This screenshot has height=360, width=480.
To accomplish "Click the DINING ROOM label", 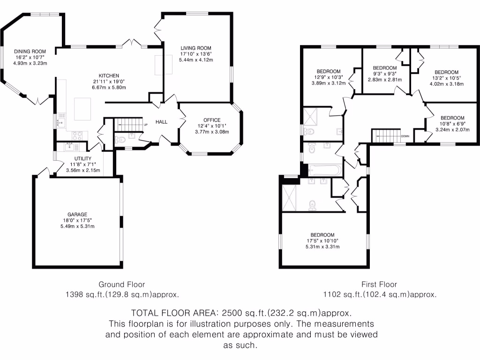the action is click(30, 52).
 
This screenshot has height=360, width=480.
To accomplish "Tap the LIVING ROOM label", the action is click(196, 48).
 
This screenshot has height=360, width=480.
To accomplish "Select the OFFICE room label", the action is click(212, 120).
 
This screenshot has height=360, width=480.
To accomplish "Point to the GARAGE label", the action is click(77, 215).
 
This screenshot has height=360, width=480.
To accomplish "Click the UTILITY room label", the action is click(83, 158).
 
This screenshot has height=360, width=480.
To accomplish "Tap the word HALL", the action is click(161, 122).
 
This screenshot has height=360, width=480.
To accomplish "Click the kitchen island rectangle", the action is click(82, 109).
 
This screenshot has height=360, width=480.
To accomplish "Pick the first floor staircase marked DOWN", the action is click(386, 136).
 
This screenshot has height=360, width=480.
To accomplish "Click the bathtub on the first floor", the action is click(325, 170).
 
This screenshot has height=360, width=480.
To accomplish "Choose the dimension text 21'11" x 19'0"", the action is click(109, 82).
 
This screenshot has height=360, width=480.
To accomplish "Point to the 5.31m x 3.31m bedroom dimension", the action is click(322, 247).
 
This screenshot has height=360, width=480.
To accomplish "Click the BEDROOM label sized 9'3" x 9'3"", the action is click(385, 68).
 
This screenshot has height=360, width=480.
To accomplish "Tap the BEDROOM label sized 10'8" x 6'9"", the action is click(452, 118).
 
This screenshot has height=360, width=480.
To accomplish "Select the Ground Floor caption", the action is click(121, 285).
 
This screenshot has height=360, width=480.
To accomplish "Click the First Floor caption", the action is click(379, 285).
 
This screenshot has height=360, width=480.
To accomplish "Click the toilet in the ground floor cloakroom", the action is click(120, 140).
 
